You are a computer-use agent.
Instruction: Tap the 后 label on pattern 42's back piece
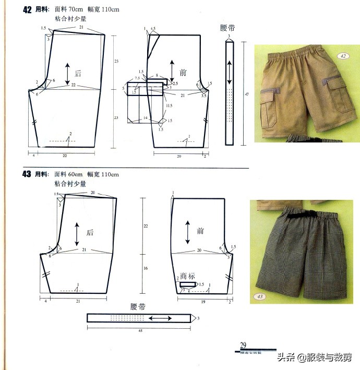[79, 73]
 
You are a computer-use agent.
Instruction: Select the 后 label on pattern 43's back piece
[89, 233]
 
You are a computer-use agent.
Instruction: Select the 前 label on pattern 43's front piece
[200, 231]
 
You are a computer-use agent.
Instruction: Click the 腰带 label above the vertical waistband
[229, 28]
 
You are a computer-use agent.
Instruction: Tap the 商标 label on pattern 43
[188, 277]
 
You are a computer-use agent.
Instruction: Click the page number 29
[243, 344]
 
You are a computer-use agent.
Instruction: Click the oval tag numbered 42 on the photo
[343, 56]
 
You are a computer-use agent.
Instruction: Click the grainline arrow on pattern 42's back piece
[67, 73]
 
